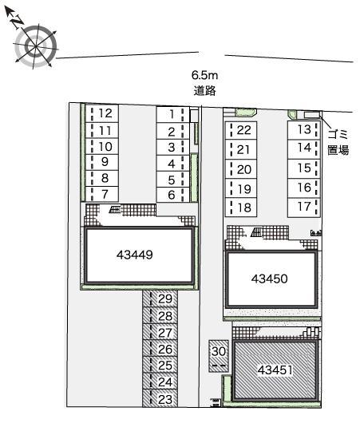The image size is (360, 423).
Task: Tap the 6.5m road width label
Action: [x=204, y=76]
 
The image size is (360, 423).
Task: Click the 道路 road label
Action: [x=204, y=90]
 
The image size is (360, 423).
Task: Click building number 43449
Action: [x=139, y=255]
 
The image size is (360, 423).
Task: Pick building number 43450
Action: [x=269, y=279]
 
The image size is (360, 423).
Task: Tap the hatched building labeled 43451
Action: [x=276, y=370]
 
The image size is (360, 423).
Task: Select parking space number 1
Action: [x=172, y=113]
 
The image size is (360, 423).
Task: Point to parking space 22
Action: [x=244, y=129]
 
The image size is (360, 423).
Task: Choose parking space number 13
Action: [x=303, y=129]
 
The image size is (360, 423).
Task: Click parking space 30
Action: [x=219, y=350]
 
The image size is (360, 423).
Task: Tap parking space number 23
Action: [x=165, y=399]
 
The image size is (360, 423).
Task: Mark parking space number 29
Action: [x=165, y=298]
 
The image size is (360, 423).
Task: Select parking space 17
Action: [x=303, y=207]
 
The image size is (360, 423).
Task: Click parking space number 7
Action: [x=105, y=195]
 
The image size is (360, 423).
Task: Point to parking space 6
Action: [x=172, y=195]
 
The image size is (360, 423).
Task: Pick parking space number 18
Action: [x=244, y=208]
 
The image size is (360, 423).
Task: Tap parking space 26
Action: [x=165, y=349]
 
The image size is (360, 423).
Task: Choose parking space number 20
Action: [x=244, y=169]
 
